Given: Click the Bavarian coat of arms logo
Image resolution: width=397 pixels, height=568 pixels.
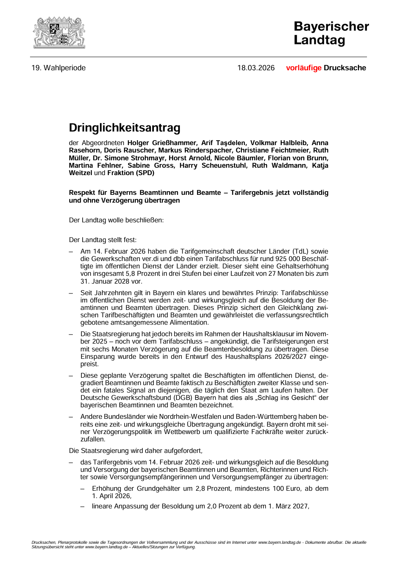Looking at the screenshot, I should (59, 32).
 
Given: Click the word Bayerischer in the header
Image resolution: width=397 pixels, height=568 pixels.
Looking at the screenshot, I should (331, 26).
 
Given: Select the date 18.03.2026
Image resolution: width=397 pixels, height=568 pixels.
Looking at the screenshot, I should (255, 68).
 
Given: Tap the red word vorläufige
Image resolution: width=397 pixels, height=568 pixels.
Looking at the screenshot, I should (304, 68).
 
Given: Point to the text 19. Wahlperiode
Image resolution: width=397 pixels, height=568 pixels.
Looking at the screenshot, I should (58, 68).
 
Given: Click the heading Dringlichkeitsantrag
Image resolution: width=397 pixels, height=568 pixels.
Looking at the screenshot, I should (125, 128).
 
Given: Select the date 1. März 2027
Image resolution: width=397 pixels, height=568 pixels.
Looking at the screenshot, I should (288, 506).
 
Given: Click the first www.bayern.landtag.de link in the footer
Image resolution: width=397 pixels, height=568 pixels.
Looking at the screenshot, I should (279, 542).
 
